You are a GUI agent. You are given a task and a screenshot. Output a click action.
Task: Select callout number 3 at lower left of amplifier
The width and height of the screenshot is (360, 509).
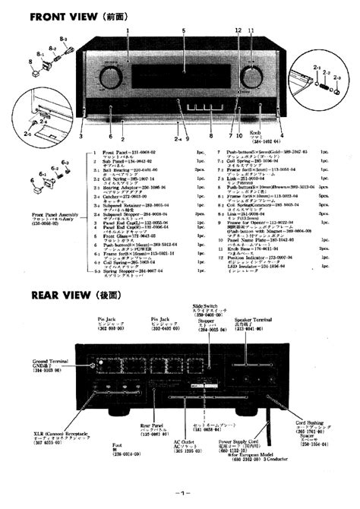[81, 137]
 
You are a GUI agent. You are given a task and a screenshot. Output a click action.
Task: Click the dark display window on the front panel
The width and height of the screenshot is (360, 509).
[180, 77]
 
